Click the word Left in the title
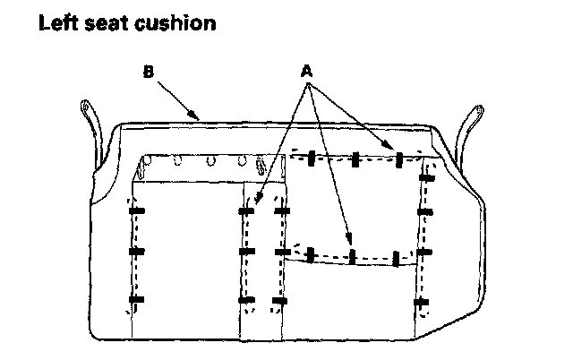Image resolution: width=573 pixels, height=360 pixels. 59,23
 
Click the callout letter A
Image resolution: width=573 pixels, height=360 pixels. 307,69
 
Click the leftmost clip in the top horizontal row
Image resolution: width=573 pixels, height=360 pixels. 310,158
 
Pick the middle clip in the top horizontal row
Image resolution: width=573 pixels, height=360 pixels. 355,159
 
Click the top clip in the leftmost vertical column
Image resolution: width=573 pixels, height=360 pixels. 136,211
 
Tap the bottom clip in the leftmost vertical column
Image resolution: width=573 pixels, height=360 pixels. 136,299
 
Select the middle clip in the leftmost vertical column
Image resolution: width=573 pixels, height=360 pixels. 136,253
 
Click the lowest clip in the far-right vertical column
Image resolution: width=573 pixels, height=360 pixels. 423,303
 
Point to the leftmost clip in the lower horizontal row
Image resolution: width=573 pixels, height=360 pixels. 311,253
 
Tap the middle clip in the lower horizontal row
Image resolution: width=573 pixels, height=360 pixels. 353,257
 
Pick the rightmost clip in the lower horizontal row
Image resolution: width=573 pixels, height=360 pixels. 396,259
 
